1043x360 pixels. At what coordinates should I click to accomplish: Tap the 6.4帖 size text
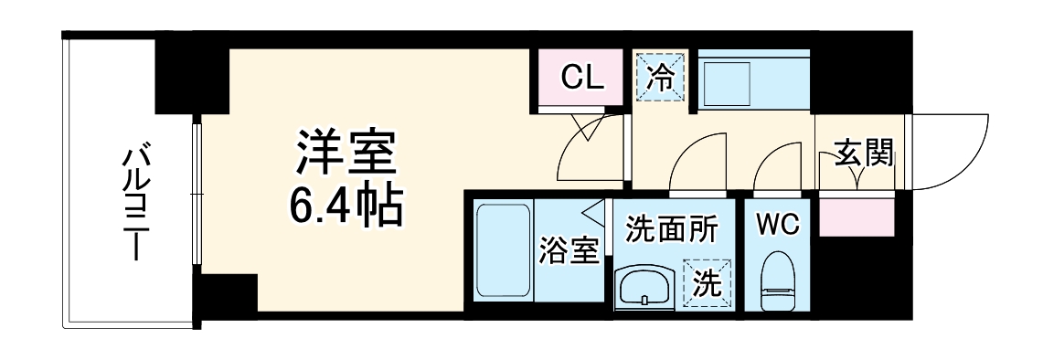click(345, 207)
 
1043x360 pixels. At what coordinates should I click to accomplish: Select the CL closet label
click(581, 77)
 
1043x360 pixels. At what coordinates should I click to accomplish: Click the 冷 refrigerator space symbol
click(659, 78)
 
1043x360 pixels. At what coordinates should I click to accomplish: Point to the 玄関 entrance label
click(863, 154)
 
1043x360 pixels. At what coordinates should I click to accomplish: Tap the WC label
click(777, 222)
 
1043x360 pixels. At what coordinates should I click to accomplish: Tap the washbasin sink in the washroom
click(644, 289)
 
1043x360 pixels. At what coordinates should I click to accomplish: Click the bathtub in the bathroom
click(503, 251)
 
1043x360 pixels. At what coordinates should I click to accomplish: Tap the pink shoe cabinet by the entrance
click(857, 218)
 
